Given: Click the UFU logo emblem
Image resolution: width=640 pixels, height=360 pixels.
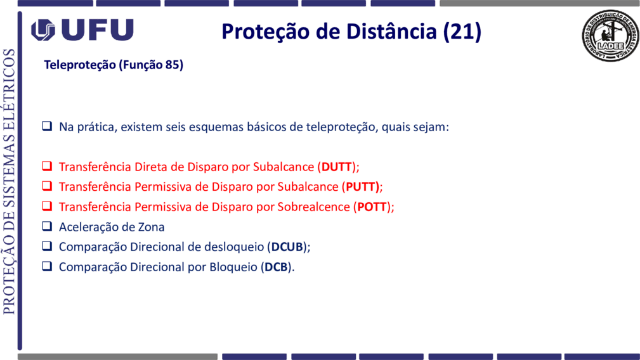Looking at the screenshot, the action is pyautogui.click(x=43, y=30).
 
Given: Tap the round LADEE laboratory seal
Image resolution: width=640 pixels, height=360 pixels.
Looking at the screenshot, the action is pyautogui.click(x=610, y=36).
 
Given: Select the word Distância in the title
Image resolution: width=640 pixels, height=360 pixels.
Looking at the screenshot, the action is pyautogui.click(x=391, y=32).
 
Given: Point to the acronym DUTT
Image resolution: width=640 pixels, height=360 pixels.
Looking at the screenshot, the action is pyautogui.click(x=337, y=167).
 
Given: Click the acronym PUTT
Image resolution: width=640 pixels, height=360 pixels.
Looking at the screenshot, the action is pyautogui.click(x=361, y=187).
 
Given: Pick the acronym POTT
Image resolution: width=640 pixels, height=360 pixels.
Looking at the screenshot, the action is pyautogui.click(x=372, y=207).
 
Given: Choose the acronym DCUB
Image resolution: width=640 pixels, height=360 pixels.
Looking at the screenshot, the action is pyautogui.click(x=287, y=247).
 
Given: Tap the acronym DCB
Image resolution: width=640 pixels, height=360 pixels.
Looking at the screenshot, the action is pyautogui.click(x=277, y=267).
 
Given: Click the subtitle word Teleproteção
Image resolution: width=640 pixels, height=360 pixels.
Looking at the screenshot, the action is pyautogui.click(x=80, y=65).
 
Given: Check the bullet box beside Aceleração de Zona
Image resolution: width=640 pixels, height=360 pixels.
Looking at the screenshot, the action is pyautogui.click(x=47, y=226).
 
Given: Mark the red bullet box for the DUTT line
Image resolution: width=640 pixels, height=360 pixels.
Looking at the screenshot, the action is pyautogui.click(x=47, y=166).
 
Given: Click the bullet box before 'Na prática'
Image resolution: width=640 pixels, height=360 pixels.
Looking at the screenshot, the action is pyautogui.click(x=47, y=125).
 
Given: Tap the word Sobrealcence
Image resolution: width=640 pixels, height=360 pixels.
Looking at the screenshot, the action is pyautogui.click(x=314, y=207).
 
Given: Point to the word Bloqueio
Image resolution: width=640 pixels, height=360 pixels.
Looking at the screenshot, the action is pyautogui.click(x=233, y=267).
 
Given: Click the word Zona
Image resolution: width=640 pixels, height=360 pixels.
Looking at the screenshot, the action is pyautogui.click(x=152, y=227).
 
